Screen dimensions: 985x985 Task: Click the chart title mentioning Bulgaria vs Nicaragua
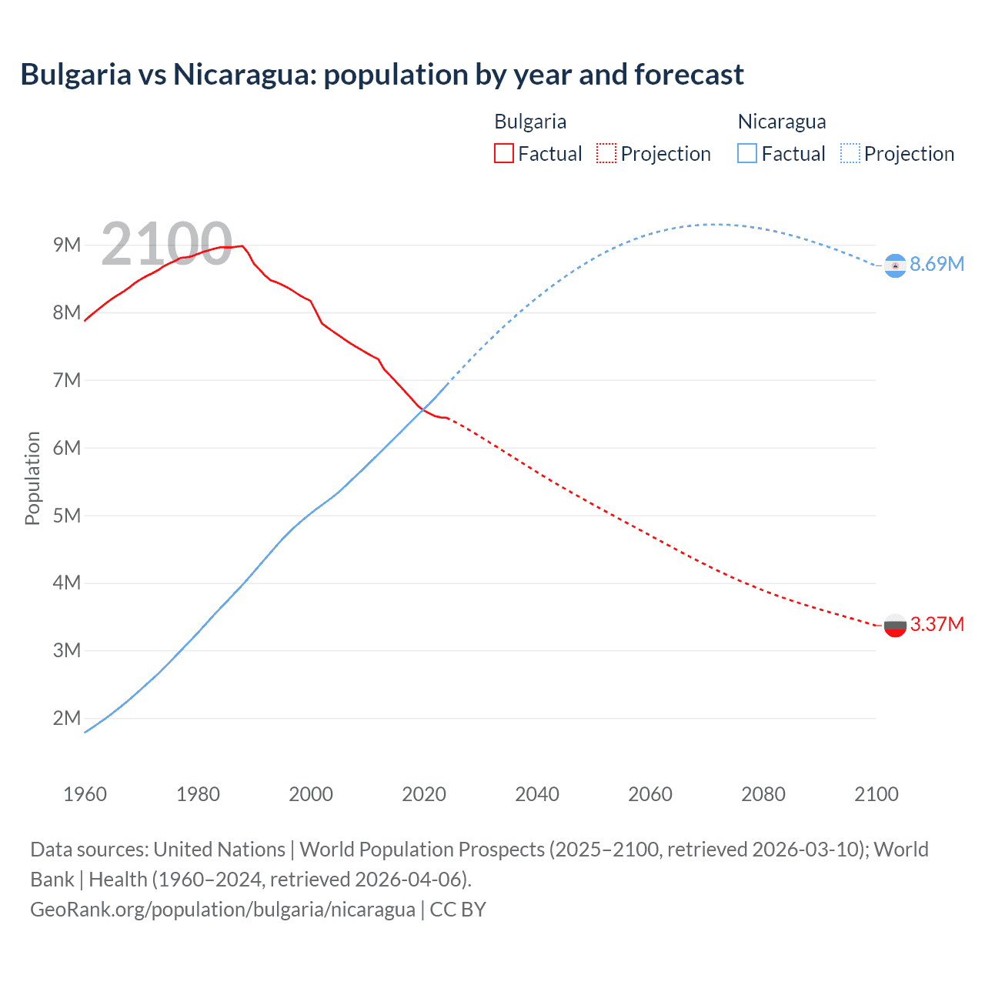382,75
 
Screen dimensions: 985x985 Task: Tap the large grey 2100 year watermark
166,244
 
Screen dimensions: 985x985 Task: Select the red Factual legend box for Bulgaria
503,153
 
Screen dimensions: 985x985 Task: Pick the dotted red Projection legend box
606,153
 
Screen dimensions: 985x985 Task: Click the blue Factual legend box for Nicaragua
746,153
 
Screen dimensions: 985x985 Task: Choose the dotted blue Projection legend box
850,153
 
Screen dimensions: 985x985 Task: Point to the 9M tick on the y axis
67,245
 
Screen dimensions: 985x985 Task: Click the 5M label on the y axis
67,515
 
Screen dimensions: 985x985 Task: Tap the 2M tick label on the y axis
67,718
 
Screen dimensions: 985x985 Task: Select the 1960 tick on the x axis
85,794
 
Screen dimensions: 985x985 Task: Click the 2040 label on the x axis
537,794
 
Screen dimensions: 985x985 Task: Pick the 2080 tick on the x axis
763,794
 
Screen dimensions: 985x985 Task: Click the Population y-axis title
32,478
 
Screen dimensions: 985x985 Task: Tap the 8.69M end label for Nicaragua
937,264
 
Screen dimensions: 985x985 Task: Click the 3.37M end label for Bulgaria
937,624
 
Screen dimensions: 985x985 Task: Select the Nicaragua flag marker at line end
895,265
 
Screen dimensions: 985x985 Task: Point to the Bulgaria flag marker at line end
895,625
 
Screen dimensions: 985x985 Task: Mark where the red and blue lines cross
422,409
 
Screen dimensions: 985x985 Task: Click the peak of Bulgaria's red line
242,246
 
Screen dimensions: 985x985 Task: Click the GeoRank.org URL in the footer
222,909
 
